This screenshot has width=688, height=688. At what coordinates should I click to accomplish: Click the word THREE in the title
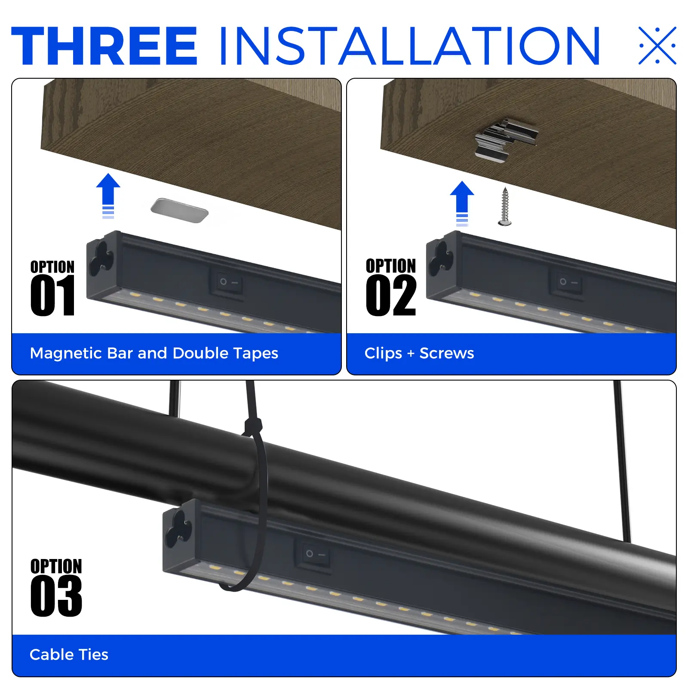tap(104, 46)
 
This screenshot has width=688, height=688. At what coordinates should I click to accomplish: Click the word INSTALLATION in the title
tap(410, 46)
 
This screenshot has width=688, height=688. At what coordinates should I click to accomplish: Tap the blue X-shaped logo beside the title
tap(657, 45)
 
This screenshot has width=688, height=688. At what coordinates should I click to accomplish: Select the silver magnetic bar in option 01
tap(180, 210)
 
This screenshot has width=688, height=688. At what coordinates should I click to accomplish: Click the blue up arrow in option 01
tap(108, 196)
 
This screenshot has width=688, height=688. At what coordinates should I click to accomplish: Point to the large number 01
tap(53, 296)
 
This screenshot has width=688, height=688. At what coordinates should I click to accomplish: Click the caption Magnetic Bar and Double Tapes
tap(154, 353)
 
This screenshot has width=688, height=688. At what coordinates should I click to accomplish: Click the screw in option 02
tap(505, 206)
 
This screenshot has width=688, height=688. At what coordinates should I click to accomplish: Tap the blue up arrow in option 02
tap(462, 203)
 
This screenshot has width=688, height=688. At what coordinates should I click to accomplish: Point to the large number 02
tap(391, 296)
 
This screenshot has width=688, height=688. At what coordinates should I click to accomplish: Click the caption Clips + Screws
tap(419, 353)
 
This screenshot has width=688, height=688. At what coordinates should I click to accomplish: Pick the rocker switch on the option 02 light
tap(566, 282)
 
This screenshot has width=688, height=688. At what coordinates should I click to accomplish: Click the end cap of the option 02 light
tap(442, 264)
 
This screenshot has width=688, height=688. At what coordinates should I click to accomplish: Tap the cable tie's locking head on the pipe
tap(253, 427)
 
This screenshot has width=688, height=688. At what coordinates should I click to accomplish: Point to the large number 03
tap(56, 596)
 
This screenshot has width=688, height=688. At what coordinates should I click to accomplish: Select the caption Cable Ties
tap(69, 655)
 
